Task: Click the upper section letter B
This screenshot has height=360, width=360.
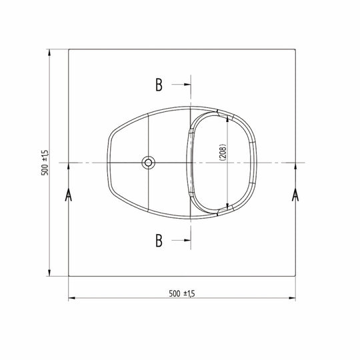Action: pos(159,85)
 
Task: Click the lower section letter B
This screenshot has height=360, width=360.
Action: pos(159,240)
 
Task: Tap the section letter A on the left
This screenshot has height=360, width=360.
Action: pos(69,195)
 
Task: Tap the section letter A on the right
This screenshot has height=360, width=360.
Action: pos(295,195)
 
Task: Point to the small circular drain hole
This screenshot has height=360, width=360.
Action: pos(147,162)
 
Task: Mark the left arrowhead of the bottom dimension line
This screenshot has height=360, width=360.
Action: pos(71,299)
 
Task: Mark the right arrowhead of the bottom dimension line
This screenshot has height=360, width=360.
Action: pos(293,299)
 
